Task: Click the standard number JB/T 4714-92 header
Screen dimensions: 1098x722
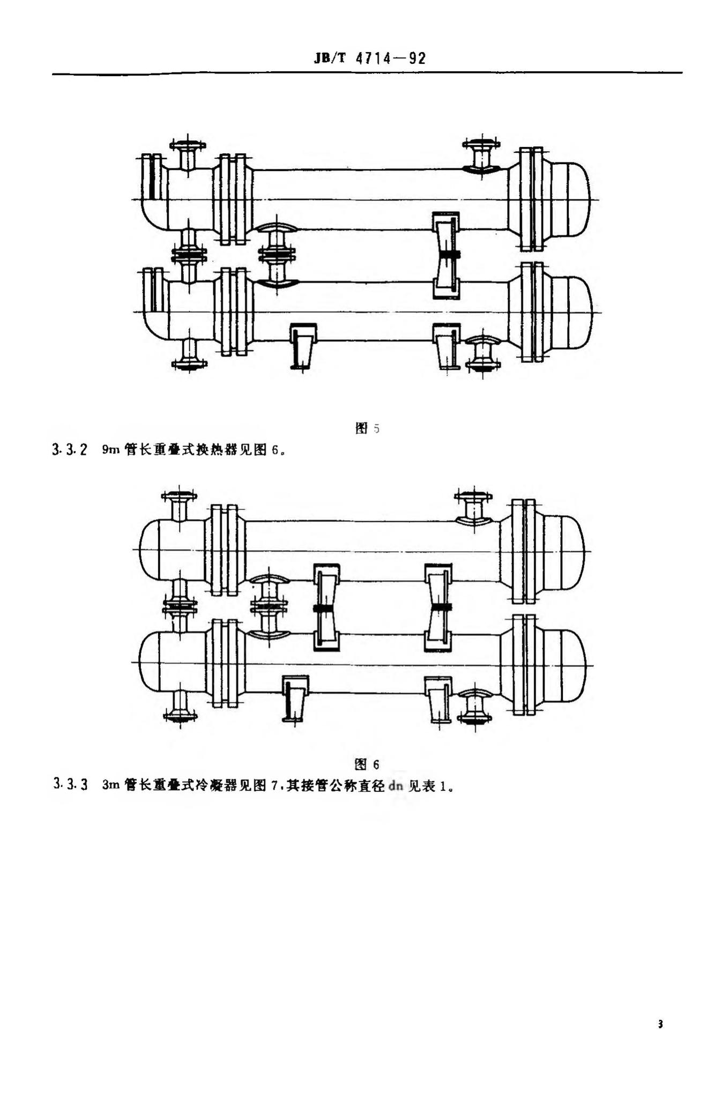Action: tap(369, 58)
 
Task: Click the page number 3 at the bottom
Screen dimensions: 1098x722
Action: tap(660, 1024)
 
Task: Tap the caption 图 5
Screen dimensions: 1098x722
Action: tap(368, 428)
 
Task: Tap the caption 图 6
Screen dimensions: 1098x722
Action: tap(367, 763)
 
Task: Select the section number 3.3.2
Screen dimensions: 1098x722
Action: tap(70, 450)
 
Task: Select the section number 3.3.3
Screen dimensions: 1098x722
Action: tap(70, 786)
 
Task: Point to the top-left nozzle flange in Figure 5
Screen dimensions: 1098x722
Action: tap(187, 145)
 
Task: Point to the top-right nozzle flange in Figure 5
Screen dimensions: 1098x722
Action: tap(481, 144)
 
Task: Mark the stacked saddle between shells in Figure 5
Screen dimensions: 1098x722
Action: tap(446, 255)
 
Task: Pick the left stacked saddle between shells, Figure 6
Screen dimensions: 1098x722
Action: tap(326, 607)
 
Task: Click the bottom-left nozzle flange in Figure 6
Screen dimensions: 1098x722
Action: tap(180, 715)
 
